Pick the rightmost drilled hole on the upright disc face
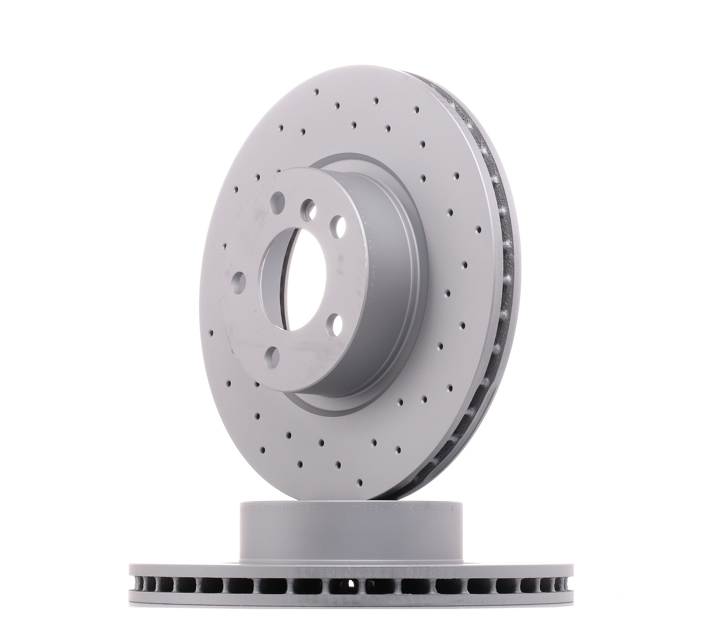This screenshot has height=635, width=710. pyautogui.click(x=478, y=230)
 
